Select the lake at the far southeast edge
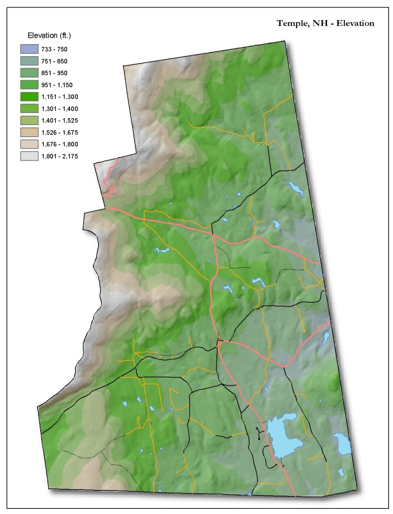point(343,443)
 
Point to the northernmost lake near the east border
point(295,189)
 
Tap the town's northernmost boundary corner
point(285,41)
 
